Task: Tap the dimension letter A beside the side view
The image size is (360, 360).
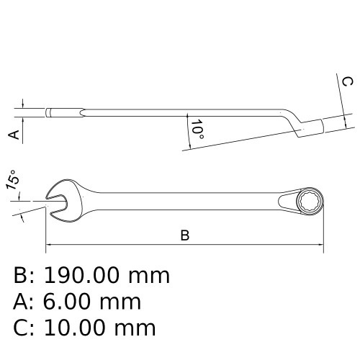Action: coord(12,135)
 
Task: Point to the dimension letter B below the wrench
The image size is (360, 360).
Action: coord(184,235)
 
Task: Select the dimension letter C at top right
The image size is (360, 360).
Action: coord(346,81)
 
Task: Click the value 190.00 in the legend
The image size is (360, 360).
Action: coord(84,275)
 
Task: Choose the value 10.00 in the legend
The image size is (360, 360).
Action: coord(84,328)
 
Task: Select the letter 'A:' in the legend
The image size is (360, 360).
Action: coord(25,302)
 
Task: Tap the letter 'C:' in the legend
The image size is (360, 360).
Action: coord(25,328)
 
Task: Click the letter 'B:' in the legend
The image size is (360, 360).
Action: coord(25,275)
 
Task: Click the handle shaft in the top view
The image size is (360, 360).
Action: coord(180,197)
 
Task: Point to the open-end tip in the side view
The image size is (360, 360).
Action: coord(49,112)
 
